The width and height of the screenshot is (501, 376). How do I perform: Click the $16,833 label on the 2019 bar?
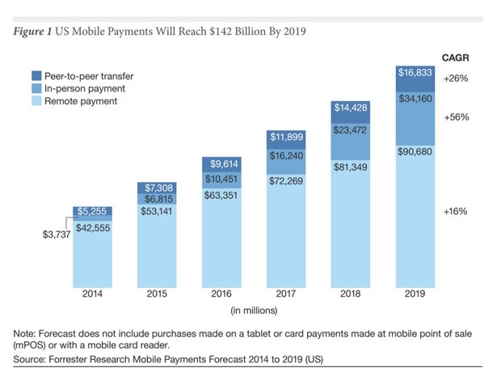[x=415, y=73]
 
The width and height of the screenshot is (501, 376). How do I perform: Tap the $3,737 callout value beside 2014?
[x=57, y=234]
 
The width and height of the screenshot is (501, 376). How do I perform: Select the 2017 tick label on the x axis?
[x=285, y=294]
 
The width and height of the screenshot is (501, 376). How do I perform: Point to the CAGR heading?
[x=456, y=58]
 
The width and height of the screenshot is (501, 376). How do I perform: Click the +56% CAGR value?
[x=457, y=117]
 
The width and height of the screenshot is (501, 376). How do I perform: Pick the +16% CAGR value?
[x=455, y=211]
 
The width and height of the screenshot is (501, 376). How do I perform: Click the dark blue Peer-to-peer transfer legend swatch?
[x=36, y=76]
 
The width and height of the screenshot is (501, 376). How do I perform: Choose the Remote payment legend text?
[x=81, y=101]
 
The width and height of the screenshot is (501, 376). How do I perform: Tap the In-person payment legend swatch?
[x=36, y=89]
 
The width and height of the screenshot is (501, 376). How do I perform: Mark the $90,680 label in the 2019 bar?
[x=415, y=151]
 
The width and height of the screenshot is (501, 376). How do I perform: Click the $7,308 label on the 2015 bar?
[x=159, y=188]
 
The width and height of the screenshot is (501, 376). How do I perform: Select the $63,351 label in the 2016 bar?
[x=221, y=195]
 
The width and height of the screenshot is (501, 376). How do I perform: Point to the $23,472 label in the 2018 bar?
[x=350, y=130]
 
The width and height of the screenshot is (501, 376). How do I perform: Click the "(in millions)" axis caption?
[x=254, y=311]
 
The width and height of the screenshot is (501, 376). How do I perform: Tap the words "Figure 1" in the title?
[x=32, y=32]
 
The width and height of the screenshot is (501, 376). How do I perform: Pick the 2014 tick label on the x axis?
[x=92, y=294]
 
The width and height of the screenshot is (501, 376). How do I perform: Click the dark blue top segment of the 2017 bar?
[x=286, y=140]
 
